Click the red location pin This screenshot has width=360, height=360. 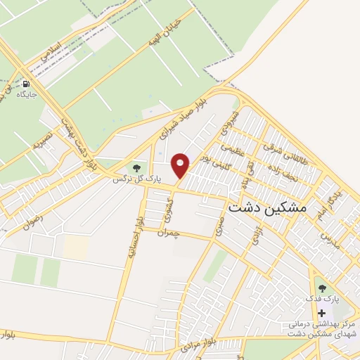181,165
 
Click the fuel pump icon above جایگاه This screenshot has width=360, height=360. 27,82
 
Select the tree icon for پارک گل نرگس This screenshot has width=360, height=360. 136,169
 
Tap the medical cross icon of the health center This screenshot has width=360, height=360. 322,313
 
